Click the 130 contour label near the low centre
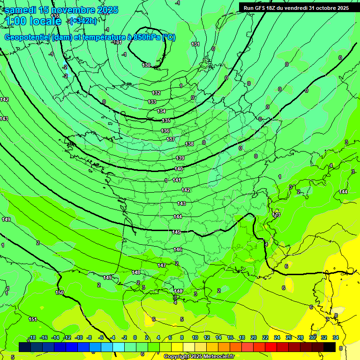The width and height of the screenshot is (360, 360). [x=146, y=65]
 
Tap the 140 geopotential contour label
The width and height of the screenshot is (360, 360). [x=179, y=169]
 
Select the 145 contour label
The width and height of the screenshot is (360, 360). [x=176, y=232]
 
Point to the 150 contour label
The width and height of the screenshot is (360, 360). [x=60, y=292]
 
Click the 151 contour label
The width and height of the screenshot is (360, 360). [x=33, y=319]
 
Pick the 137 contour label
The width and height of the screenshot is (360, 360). [x=171, y=139]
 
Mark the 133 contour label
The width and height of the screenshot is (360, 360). [x=152, y=102]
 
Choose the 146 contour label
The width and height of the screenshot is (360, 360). [x=178, y=249]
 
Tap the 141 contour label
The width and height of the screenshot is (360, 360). [x=177, y=180]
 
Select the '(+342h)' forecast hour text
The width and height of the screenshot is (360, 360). [x=83, y=21]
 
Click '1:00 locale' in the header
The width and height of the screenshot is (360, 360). [x=33, y=21]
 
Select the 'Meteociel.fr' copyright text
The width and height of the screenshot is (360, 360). [x=216, y=357]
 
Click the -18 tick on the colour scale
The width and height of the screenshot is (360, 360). [x=32, y=337]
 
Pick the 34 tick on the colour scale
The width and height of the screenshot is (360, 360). [x=336, y=337]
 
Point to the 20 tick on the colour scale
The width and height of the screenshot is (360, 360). [x=253, y=337]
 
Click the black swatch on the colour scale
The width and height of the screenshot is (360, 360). [x=330, y=347]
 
